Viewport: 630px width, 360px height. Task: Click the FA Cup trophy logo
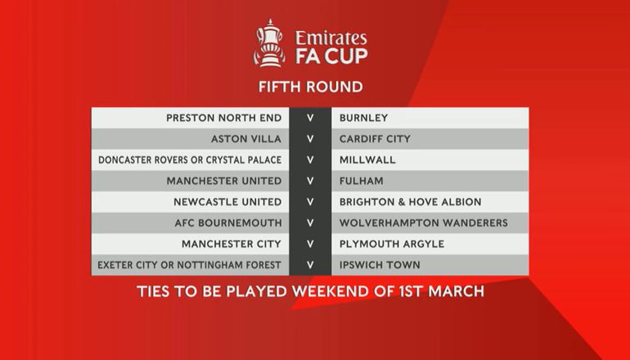click(269, 43)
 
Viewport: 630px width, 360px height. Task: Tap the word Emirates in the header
click(331, 38)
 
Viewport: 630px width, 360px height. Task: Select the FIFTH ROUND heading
click(311, 87)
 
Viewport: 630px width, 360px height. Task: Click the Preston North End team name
click(224, 118)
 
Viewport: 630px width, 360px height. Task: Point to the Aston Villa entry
click(246, 139)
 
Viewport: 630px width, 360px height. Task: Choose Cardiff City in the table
click(375, 139)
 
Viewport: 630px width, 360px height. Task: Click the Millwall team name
click(367, 160)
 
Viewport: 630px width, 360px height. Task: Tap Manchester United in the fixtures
click(224, 181)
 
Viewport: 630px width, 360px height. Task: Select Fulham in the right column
click(361, 181)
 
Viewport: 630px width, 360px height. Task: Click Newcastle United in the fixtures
click(227, 202)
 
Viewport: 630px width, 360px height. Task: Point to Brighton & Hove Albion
click(410, 202)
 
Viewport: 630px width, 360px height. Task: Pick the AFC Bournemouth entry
click(228, 223)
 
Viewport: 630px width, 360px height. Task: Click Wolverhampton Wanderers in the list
click(424, 223)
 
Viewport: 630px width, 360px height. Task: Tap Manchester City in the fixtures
click(232, 244)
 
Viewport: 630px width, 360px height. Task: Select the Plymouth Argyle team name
click(392, 244)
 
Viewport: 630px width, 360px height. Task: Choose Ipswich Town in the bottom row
click(380, 265)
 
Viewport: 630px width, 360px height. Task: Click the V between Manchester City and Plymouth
click(310, 244)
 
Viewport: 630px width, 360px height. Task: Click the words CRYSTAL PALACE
click(245, 160)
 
